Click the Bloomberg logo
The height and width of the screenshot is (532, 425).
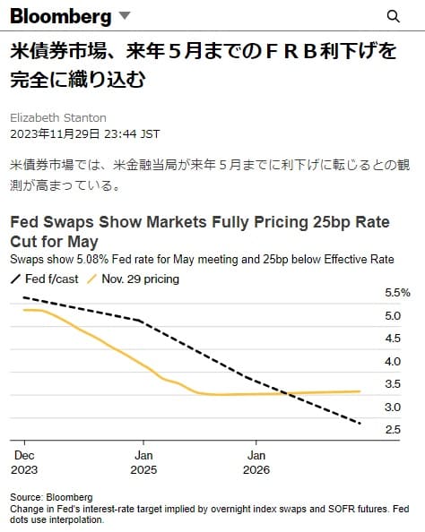point(61,16)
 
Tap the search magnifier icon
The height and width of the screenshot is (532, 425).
point(393,16)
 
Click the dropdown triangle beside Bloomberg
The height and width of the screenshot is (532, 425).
point(125,16)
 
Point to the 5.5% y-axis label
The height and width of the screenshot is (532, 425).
point(397,293)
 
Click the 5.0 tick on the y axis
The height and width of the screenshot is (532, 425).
point(392,316)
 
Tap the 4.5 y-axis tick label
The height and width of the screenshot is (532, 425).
point(392,339)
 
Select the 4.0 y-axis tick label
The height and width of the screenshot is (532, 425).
point(392,362)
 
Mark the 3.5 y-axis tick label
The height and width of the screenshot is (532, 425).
point(392,384)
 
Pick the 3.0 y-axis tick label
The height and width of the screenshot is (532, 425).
point(392,408)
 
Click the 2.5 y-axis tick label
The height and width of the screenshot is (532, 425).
point(392,430)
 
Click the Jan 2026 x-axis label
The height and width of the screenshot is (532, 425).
point(256,461)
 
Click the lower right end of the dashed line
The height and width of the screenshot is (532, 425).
point(360,423)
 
